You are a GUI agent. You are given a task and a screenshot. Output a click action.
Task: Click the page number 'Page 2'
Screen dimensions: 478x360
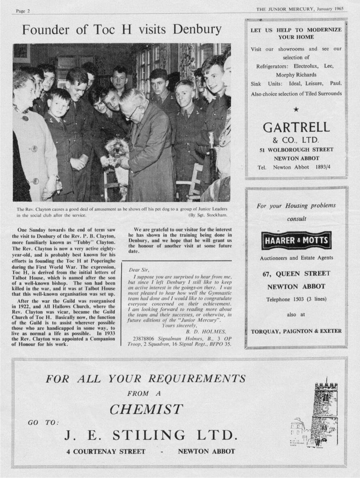23,11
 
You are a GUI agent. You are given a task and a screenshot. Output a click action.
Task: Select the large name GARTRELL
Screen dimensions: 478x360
296,128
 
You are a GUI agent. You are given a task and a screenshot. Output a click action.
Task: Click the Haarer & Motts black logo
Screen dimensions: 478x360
297,241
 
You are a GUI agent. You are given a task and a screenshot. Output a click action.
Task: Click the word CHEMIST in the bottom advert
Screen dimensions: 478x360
146,409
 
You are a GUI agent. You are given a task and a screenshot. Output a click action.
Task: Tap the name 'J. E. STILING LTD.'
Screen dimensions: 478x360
150,435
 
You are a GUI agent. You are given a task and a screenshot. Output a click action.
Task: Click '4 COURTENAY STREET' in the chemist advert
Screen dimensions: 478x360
106,451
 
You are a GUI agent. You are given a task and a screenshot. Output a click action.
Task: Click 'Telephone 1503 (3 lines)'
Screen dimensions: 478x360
296,300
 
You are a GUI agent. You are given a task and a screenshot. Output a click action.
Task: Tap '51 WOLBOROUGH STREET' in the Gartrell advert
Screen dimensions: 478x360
296,150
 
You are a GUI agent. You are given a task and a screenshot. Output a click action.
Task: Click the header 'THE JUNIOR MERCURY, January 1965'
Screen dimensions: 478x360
300,9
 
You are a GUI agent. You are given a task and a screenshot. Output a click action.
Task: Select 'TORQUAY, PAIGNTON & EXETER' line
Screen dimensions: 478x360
296,331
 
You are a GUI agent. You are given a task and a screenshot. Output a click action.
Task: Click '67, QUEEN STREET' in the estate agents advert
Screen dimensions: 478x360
296,273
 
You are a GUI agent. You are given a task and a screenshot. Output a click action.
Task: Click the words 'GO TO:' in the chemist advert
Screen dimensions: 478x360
43,422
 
